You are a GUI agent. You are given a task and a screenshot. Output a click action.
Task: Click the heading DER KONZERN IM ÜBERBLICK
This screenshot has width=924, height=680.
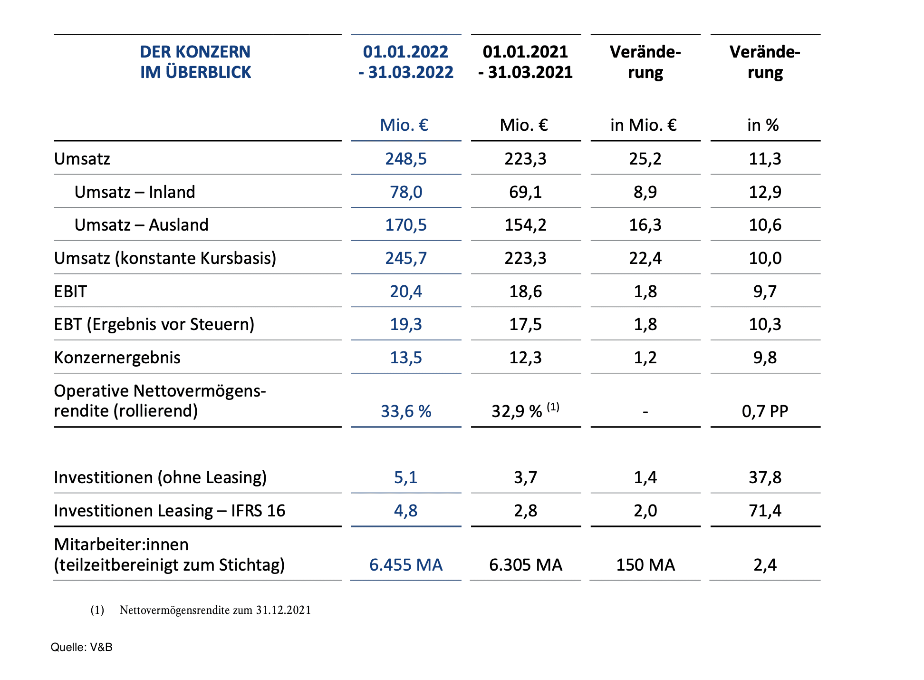(x=195, y=62)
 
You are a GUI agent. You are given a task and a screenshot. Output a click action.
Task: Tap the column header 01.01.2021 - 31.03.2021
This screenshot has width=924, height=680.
(x=525, y=62)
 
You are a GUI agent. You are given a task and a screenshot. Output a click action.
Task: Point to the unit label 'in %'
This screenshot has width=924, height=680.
(x=763, y=125)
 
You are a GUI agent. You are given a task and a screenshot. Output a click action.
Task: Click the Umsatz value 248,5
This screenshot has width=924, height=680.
(x=406, y=159)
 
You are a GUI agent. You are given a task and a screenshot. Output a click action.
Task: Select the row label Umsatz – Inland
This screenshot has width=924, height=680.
(x=135, y=192)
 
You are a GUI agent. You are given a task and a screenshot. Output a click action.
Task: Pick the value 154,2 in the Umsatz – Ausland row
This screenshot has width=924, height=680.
(x=525, y=225)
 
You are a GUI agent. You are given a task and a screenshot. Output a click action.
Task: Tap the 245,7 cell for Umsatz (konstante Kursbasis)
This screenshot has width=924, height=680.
(x=406, y=258)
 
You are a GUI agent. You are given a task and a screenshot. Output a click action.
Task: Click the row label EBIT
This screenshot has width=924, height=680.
(x=70, y=291)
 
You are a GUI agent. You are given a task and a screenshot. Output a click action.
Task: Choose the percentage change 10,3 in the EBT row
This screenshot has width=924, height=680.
(x=765, y=324)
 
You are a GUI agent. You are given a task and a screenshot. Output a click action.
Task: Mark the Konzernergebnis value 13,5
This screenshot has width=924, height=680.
(x=406, y=358)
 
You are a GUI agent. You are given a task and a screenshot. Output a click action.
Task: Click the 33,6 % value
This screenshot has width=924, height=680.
(x=406, y=411)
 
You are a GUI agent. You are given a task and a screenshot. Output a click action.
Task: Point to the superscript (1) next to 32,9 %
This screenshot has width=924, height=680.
(x=553, y=407)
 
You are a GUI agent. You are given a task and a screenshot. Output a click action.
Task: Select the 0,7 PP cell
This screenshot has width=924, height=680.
(x=765, y=411)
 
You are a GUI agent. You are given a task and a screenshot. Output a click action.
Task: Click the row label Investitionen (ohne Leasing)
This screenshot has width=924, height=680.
(x=160, y=477)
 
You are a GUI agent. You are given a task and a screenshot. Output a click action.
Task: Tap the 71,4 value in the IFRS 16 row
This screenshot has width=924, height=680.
(x=765, y=511)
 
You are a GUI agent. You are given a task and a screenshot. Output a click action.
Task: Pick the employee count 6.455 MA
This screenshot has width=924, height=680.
(x=406, y=565)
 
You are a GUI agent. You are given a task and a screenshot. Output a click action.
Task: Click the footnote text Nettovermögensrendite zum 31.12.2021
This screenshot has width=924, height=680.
(x=215, y=610)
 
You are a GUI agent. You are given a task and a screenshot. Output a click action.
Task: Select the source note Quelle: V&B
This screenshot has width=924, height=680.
(x=81, y=647)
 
